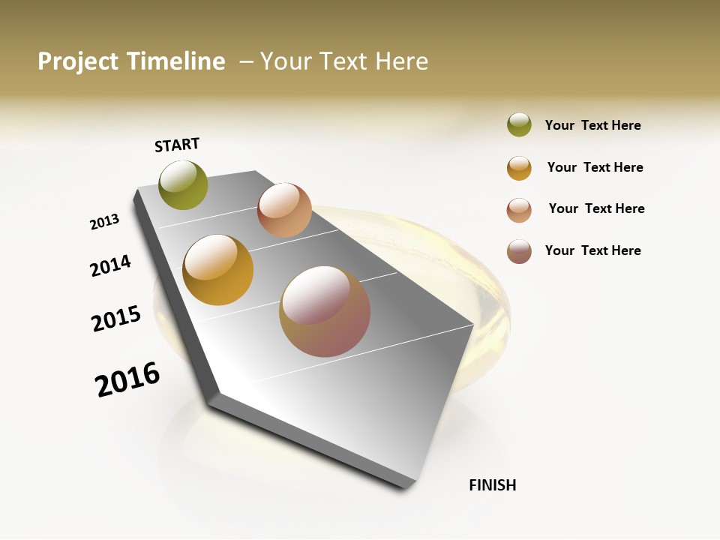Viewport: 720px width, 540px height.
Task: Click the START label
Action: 177,145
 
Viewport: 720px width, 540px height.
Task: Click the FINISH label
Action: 493,485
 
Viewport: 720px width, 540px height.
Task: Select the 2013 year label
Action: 104,222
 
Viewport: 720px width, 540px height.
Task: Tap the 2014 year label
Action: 110,265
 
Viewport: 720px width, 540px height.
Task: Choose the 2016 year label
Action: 127,379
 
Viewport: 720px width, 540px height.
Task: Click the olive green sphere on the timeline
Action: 184,184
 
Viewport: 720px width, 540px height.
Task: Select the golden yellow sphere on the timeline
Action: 218,270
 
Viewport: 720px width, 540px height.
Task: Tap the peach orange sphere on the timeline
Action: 284,210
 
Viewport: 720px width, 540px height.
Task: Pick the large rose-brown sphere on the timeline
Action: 325,311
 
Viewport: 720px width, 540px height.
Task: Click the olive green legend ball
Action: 519,125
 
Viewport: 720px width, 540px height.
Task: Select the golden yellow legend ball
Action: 519,168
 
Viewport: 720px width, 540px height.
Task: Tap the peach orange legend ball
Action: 519,210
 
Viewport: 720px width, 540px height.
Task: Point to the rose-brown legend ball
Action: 519,251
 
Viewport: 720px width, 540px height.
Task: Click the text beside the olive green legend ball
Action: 592,125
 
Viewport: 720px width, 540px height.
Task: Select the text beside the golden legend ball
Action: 595,167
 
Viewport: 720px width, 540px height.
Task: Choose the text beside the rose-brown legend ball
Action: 592,250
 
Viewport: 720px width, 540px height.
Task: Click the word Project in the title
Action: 78,61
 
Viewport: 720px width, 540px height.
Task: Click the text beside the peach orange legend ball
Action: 596,208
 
